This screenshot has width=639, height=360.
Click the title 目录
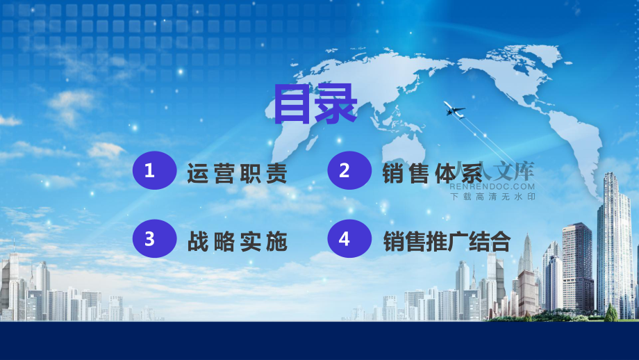tap(315, 104)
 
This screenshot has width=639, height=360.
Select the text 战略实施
tap(237, 241)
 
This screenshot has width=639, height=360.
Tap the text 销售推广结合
tap(447, 241)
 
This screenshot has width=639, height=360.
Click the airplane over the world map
tap(454, 109)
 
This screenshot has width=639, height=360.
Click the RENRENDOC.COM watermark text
tap(492, 187)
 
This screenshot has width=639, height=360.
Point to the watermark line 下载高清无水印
tap(492, 197)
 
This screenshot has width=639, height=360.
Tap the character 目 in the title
tap(292, 104)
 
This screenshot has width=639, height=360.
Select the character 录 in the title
tap(336, 104)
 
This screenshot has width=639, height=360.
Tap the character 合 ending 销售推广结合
tap(501, 241)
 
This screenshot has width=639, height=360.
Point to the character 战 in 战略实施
tap(198, 241)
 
